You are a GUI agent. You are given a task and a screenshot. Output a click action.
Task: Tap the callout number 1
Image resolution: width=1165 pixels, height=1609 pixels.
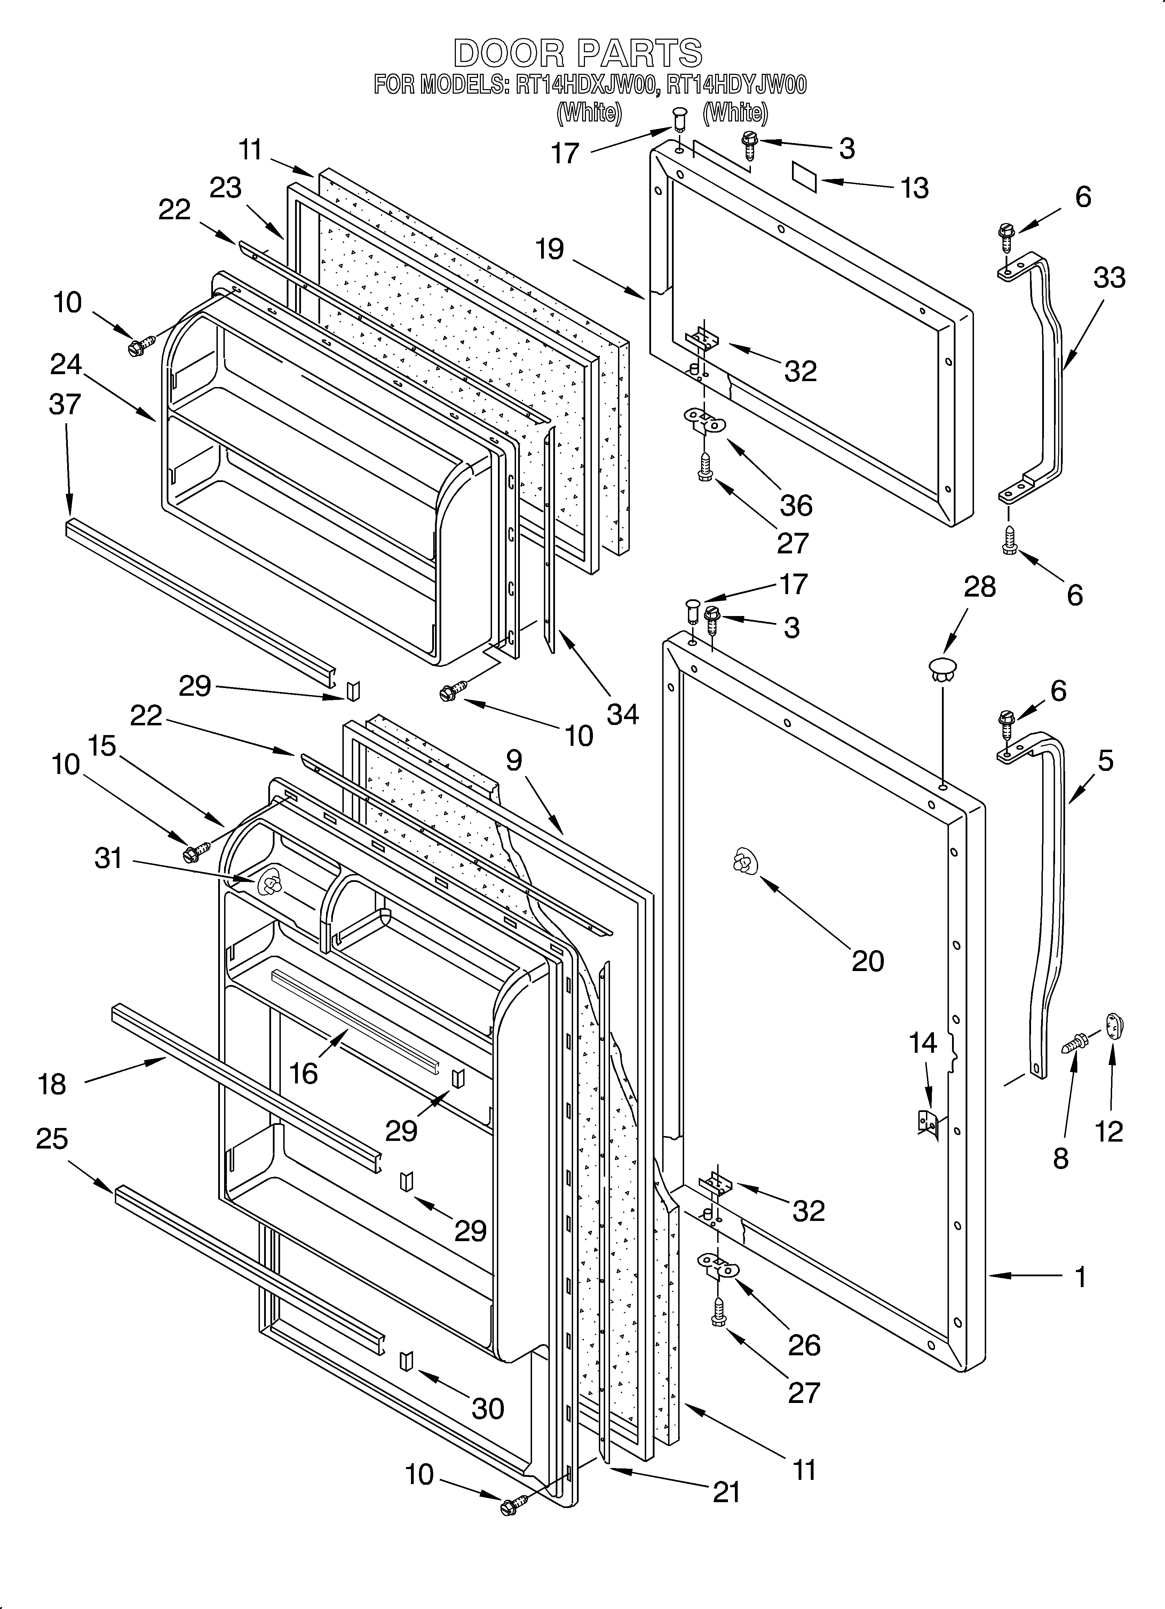click(1080, 1277)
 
